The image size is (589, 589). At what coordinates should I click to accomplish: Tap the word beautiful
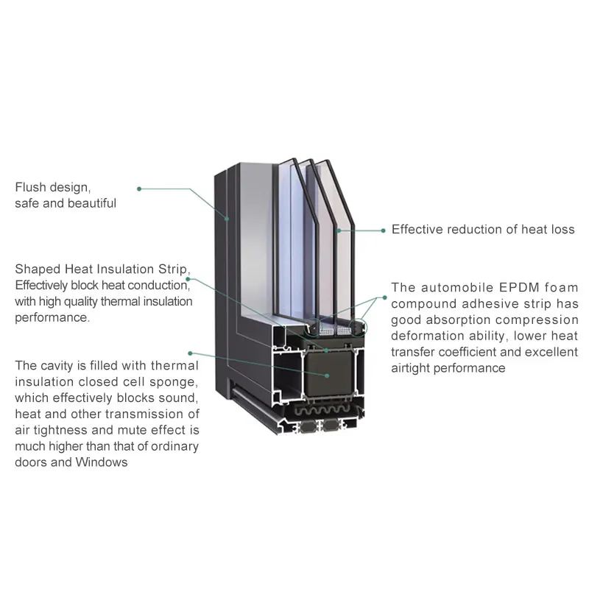tap(92, 203)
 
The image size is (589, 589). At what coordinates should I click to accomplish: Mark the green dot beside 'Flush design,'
tap(139, 188)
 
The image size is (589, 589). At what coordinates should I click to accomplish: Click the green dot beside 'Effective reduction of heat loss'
tap(383, 230)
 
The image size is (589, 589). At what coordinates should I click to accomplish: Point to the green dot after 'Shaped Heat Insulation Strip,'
tap(188, 279)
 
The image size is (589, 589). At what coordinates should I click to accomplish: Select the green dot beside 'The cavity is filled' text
tap(190, 353)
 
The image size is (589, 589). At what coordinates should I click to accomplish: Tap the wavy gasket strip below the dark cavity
tap(324, 410)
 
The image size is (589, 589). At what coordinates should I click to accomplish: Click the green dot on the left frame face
tap(228, 218)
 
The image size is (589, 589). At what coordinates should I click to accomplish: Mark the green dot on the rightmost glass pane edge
tap(339, 230)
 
